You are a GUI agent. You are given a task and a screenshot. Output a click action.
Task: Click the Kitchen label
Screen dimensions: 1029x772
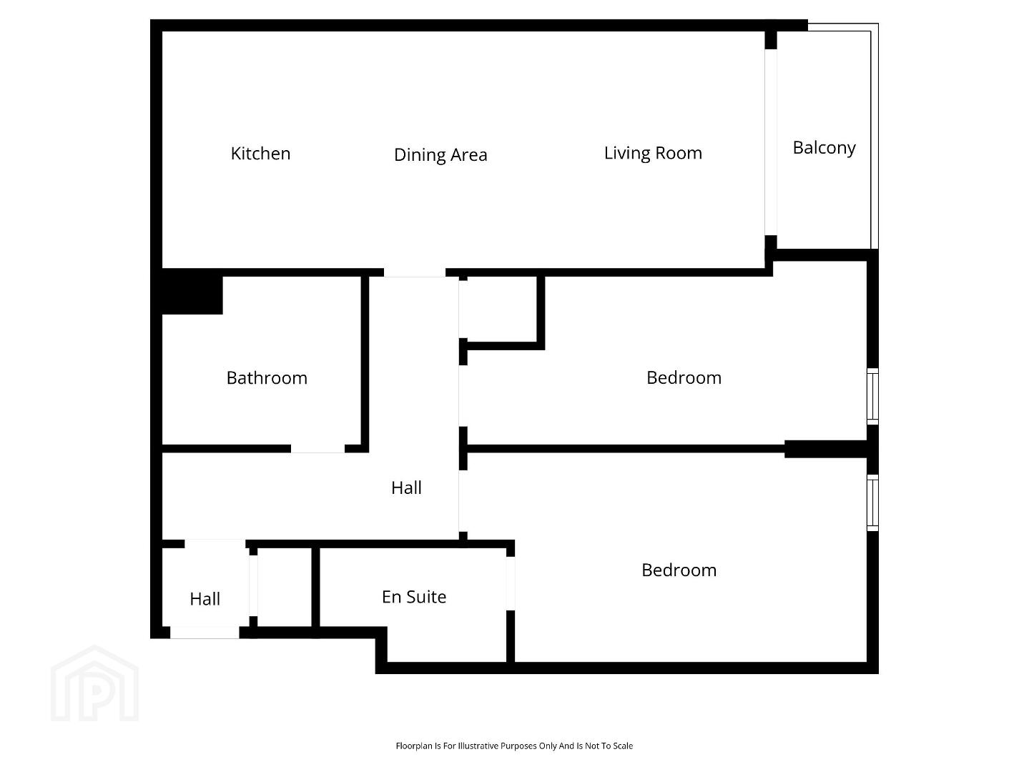pyautogui.click(x=260, y=154)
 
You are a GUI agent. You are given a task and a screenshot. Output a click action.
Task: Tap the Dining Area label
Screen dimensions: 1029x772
pyautogui.click(x=440, y=155)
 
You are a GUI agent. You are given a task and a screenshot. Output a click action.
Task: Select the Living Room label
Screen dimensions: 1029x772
pyautogui.click(x=653, y=153)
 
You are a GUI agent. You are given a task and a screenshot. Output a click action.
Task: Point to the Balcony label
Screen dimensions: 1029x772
pyautogui.click(x=824, y=148)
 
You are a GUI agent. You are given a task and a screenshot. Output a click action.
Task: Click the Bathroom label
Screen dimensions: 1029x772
pyautogui.click(x=267, y=378)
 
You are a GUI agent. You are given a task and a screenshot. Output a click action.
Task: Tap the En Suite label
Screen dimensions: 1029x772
pyautogui.click(x=414, y=597)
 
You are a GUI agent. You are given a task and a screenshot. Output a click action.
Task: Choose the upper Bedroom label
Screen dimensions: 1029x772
pyautogui.click(x=684, y=378)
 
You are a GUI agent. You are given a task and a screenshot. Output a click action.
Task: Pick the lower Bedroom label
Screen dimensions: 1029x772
pyautogui.click(x=679, y=570)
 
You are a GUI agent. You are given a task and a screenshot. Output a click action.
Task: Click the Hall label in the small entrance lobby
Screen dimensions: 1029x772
pyautogui.click(x=205, y=599)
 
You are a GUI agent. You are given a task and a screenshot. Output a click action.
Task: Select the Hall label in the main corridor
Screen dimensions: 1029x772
pyautogui.click(x=406, y=488)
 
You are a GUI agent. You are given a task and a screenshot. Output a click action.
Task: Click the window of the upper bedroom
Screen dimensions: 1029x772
pyautogui.click(x=872, y=396)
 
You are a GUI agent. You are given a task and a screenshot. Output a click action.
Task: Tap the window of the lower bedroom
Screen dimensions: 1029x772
pyautogui.click(x=872, y=503)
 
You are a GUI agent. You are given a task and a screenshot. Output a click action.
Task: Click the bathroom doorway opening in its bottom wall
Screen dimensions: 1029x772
pyautogui.click(x=317, y=449)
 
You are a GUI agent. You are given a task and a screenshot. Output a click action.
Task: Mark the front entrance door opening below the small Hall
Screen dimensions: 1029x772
pyautogui.click(x=205, y=633)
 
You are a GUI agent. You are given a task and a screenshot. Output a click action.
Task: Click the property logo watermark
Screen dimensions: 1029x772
pyautogui.click(x=94, y=683)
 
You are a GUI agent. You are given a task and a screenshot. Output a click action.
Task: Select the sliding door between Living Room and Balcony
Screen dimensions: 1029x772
pyautogui.click(x=771, y=142)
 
